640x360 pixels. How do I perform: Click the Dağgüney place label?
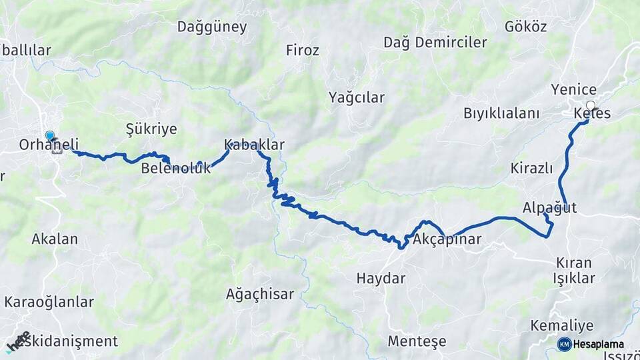point(212,27)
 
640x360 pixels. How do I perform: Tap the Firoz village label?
point(302,50)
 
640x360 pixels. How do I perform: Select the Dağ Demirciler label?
point(435,43)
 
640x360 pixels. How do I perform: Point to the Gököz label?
point(526,27)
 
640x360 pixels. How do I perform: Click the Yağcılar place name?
point(356,98)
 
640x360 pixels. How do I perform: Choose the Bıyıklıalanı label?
point(501,113)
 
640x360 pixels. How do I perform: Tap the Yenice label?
point(573,89)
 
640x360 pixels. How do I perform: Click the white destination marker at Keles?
point(590,105)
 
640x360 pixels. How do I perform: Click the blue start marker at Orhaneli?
point(50,136)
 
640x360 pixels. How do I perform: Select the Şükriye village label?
point(151,129)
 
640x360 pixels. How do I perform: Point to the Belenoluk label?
point(175,169)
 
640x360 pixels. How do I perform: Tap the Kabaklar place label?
point(254,145)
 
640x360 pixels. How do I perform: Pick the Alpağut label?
point(549,207)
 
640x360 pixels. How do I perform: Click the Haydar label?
point(381,279)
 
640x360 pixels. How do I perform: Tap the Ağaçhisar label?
point(260,294)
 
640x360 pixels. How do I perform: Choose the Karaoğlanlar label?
point(49,302)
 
